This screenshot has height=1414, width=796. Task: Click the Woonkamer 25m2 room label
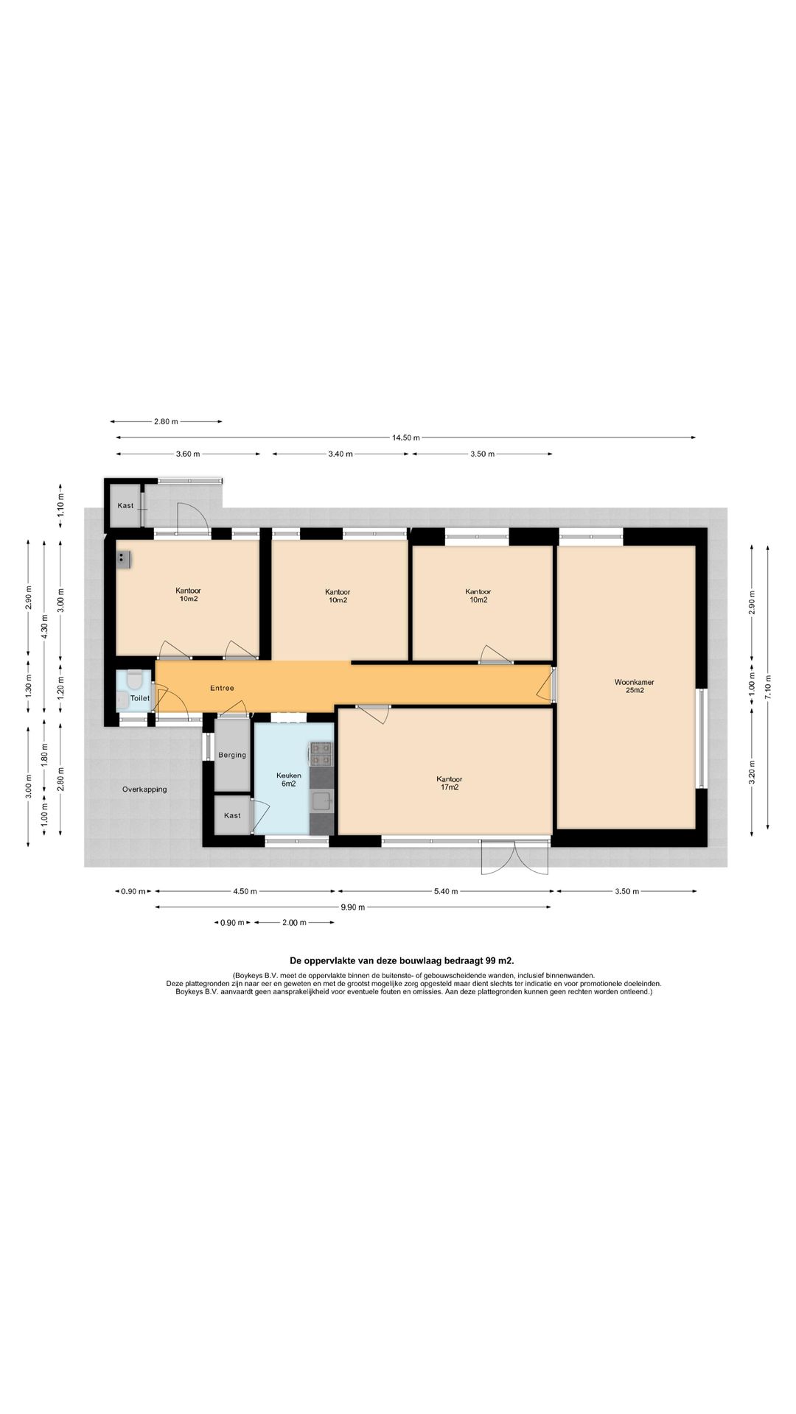[634, 686]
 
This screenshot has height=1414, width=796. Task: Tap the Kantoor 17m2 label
[449, 783]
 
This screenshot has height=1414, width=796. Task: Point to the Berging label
[232, 755]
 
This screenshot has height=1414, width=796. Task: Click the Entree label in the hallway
[222, 688]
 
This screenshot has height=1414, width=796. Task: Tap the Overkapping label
[144, 789]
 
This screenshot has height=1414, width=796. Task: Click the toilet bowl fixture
[133, 678]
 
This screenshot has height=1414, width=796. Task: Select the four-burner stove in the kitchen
[321, 752]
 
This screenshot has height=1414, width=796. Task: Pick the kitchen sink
[321, 801]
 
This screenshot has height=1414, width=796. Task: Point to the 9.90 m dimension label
[353, 907]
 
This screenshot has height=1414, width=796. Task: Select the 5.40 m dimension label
[445, 891]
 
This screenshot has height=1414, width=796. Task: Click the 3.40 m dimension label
[340, 454]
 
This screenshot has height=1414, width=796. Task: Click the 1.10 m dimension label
[61, 504]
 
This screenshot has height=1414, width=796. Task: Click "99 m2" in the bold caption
[500, 960]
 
